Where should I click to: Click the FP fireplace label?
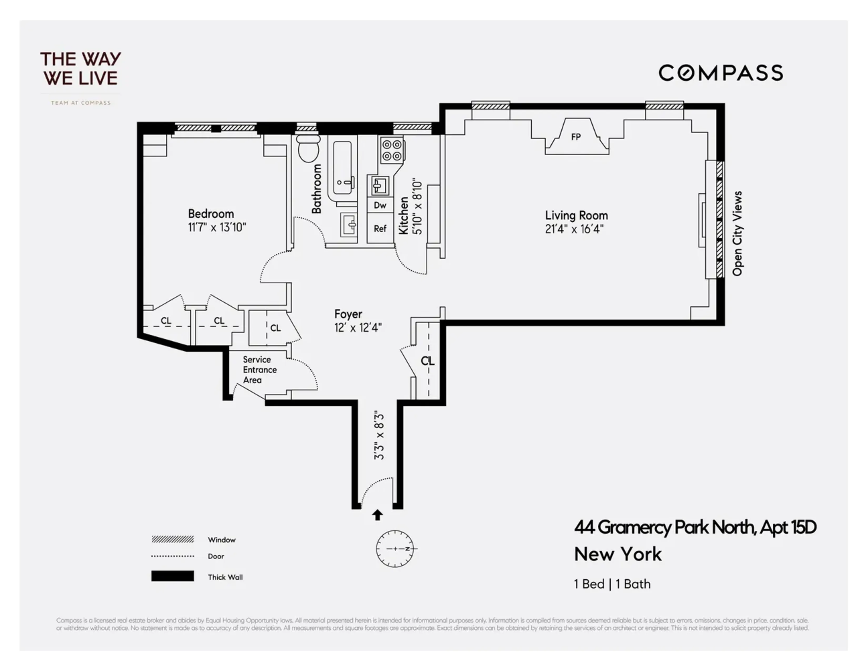tap(576, 137)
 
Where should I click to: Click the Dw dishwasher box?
tap(380, 205)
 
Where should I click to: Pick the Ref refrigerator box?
tap(380, 229)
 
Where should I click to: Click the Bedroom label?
tap(211, 214)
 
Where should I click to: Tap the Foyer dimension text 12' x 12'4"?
tap(358, 327)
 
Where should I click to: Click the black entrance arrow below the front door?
tap(377, 515)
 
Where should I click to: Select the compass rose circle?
tap(395, 549)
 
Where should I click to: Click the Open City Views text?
tap(737, 233)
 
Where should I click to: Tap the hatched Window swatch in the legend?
tap(173, 539)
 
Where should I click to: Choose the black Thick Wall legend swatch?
tap(173, 576)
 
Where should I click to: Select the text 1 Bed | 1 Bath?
tap(612, 584)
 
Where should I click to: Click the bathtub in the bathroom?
tap(342, 168)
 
